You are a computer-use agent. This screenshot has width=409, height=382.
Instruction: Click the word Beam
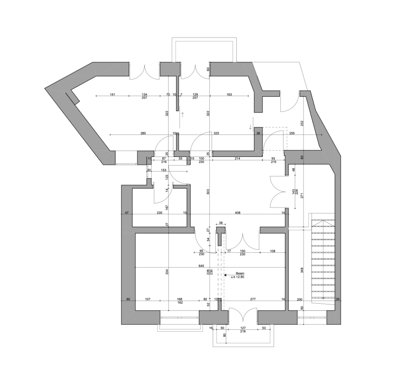click(x=240, y=273)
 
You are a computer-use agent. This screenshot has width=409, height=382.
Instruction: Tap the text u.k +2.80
click(x=237, y=277)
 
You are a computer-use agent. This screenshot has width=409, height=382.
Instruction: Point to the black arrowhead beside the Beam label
click(x=225, y=275)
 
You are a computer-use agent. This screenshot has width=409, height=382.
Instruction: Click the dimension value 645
click(x=201, y=266)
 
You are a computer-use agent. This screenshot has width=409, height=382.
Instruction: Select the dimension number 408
click(x=237, y=213)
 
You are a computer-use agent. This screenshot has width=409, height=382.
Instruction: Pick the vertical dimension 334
click(x=167, y=272)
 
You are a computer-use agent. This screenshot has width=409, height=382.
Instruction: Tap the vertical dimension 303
click(x=208, y=192)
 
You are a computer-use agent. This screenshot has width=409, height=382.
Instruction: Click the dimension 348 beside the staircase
click(x=302, y=270)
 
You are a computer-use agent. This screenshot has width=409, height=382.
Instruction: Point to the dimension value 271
click(x=302, y=195)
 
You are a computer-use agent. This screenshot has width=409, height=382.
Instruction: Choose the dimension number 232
click(x=302, y=123)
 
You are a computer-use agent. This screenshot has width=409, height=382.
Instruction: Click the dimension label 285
click(x=143, y=133)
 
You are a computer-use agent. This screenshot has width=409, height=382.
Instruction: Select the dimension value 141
click(x=112, y=94)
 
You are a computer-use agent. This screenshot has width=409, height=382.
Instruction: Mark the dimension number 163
click(x=229, y=94)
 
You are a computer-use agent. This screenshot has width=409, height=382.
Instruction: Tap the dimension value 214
click(x=237, y=158)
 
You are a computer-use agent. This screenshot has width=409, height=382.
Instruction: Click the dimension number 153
click(x=164, y=170)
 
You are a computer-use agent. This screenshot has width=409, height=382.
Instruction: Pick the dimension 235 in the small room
click(x=159, y=213)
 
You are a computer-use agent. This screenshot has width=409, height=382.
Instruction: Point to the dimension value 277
click(x=253, y=299)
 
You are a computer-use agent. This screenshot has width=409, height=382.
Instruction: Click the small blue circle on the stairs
click(x=323, y=298)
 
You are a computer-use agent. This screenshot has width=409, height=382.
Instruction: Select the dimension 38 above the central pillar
click(x=221, y=223)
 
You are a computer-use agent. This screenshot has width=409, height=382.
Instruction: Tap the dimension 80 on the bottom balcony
click(x=225, y=335)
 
